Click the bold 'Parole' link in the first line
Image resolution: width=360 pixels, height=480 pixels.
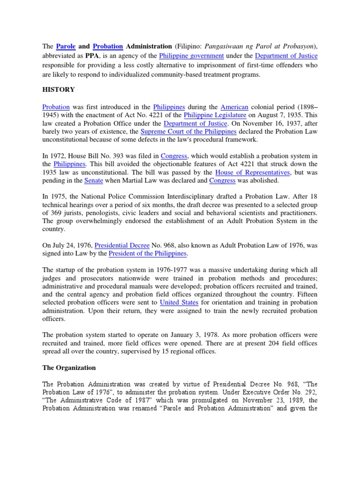66,46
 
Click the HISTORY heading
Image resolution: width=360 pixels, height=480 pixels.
58,90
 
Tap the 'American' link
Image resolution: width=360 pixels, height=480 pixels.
234,107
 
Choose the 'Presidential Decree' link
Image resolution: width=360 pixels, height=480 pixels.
122,245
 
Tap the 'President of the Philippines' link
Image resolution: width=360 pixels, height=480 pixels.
148,254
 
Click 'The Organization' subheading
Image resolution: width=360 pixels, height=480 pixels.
69,367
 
